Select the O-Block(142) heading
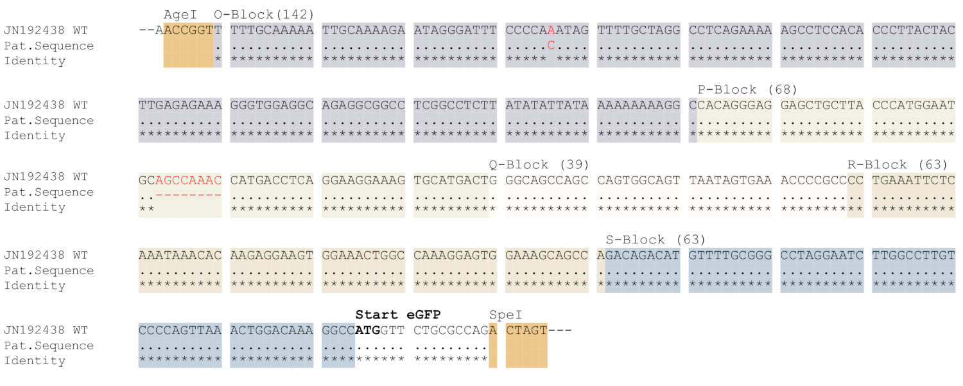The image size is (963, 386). click(x=264, y=15)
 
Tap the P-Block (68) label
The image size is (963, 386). click(x=747, y=90)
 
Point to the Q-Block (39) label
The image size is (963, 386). click(x=539, y=164)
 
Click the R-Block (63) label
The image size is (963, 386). click(x=898, y=164)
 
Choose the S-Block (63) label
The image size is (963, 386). click(x=655, y=240)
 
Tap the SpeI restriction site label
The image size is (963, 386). click(x=506, y=315)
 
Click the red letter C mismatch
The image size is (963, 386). click(x=551, y=46)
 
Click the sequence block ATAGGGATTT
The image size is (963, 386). click(x=455, y=30)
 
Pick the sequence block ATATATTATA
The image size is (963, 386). click(x=547, y=105)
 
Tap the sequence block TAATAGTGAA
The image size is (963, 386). click(x=730, y=180)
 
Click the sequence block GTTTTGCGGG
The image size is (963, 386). click(x=730, y=255)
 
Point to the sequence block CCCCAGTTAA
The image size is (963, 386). click(x=180, y=330)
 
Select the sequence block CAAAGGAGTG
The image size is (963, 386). click(x=455, y=255)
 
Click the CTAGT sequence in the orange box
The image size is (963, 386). click(x=526, y=330)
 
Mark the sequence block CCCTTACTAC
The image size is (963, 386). click(x=914, y=30)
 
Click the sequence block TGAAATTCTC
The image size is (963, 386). click(x=914, y=180)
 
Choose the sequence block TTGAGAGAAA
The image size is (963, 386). click(x=180, y=105)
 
